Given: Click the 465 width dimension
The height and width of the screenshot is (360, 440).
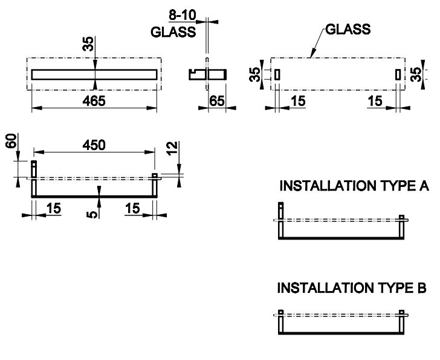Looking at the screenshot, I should pos(93,101).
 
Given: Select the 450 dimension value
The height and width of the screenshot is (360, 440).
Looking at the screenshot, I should pos(93,145).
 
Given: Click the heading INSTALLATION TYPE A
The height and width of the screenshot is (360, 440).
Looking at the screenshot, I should pos(354,186).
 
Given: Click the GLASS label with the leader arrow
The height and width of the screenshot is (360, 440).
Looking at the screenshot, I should pos(348,29).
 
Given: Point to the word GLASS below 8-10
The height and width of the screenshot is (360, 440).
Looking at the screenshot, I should pos(173,31).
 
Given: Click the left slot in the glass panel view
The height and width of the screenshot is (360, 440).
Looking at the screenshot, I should pos(277,74).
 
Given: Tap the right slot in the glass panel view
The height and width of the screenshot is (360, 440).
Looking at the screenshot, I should pos(397,74).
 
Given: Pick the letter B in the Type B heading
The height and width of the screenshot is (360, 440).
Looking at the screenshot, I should pos(422,288).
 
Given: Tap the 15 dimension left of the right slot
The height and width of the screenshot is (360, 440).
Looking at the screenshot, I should pos(375,101).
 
